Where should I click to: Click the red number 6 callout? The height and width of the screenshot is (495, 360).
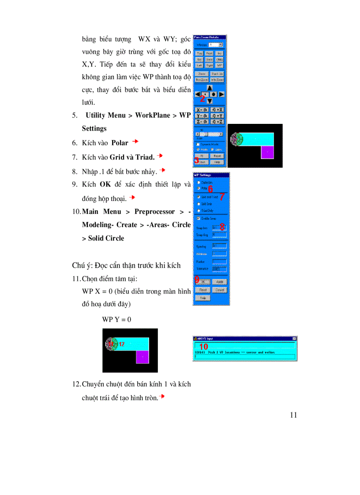[210, 189]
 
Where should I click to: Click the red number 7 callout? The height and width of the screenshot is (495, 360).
[222, 197]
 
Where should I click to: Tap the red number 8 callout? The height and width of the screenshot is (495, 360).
[222, 227]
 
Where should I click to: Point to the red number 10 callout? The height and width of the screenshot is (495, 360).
[203, 346]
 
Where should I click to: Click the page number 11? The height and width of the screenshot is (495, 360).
[294, 415]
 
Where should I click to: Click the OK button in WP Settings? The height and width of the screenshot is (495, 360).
[203, 281]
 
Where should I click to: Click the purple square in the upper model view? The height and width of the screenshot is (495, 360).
[267, 152]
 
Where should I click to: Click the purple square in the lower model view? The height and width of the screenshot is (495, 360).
[142, 357]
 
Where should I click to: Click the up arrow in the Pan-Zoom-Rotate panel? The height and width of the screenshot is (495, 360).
[210, 88]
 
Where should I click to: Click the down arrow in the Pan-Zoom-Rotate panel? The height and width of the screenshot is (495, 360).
[210, 101]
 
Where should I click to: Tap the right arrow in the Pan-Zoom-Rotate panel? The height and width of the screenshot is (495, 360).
[221, 94]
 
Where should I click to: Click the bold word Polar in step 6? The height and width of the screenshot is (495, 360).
[120, 143]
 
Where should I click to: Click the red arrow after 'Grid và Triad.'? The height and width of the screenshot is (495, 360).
[160, 156]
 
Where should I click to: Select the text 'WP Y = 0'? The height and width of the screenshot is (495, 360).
[116, 319]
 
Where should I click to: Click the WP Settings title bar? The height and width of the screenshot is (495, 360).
[211, 175]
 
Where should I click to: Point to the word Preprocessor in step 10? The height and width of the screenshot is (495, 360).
[154, 212]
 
